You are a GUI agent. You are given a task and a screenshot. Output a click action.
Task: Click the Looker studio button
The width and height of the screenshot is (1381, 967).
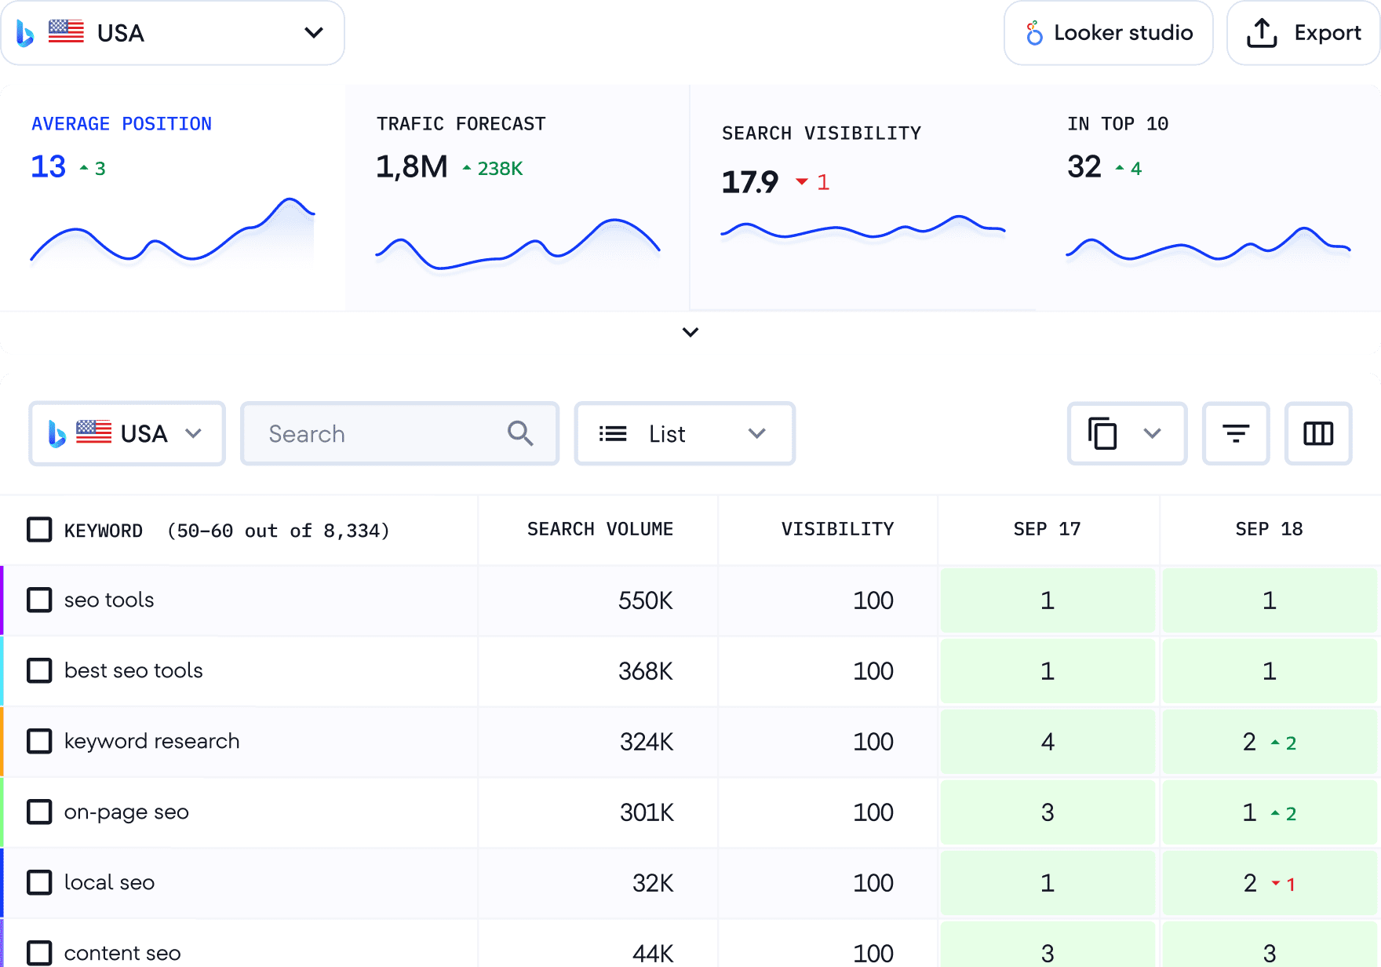tap(1108, 33)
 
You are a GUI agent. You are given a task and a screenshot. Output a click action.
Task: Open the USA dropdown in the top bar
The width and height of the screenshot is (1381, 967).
tap(173, 33)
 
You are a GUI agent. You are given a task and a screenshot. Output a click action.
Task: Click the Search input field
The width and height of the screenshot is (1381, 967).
tap(377, 434)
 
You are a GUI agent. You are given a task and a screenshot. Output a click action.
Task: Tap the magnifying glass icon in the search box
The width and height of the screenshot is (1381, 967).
tap(520, 433)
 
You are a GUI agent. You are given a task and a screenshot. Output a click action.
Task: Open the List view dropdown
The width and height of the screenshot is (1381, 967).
tap(684, 434)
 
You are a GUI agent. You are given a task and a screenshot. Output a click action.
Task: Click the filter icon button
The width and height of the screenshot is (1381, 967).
tap(1236, 434)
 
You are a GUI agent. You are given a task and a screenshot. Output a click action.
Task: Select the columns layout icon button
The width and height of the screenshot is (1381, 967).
tap(1318, 434)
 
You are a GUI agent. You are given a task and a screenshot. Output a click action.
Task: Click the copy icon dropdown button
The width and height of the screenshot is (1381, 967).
tap(1126, 434)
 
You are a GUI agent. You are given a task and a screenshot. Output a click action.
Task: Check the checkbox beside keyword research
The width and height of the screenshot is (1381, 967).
tap(39, 741)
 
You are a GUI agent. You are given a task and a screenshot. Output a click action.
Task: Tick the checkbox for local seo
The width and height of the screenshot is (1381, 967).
tap(39, 882)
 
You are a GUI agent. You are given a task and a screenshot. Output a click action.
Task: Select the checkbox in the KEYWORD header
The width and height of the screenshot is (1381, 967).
tap(39, 530)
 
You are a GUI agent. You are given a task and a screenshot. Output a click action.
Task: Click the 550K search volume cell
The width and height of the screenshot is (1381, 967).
tap(645, 600)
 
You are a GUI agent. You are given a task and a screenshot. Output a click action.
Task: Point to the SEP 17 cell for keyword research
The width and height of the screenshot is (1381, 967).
tap(1048, 742)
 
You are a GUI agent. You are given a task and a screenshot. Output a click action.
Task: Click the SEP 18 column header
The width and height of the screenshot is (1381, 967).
tap(1269, 529)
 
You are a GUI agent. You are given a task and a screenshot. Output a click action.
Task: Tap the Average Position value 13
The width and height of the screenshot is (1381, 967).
tap(48, 166)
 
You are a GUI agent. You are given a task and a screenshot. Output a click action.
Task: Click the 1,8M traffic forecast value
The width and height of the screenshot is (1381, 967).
tap(411, 166)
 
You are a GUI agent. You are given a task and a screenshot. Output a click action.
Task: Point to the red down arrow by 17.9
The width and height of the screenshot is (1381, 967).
tap(802, 182)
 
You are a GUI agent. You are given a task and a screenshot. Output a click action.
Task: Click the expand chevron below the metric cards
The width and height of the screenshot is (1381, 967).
tap(690, 332)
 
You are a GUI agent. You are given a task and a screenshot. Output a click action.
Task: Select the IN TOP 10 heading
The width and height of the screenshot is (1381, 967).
tap(1117, 124)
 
